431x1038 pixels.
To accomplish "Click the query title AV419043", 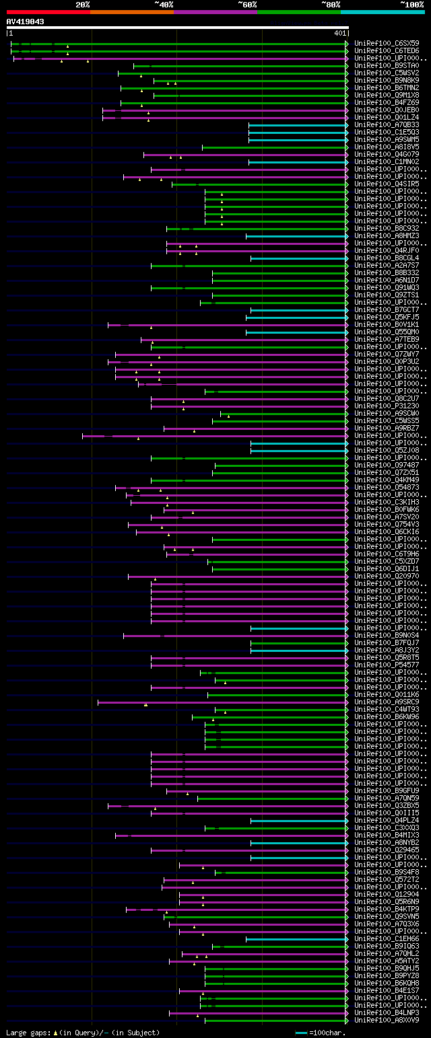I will (26, 22).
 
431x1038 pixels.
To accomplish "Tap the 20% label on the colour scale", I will (83, 5).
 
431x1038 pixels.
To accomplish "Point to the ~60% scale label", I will (247, 5).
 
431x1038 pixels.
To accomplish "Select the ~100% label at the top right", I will (411, 5).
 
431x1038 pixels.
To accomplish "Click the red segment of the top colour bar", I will (48, 11).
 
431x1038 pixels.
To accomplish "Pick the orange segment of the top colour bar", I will (131, 11).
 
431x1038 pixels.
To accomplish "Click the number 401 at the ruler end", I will (339, 33).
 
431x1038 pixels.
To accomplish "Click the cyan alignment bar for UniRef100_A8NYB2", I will (299, 843).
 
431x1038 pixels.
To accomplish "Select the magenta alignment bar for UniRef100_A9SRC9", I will (222, 702).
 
